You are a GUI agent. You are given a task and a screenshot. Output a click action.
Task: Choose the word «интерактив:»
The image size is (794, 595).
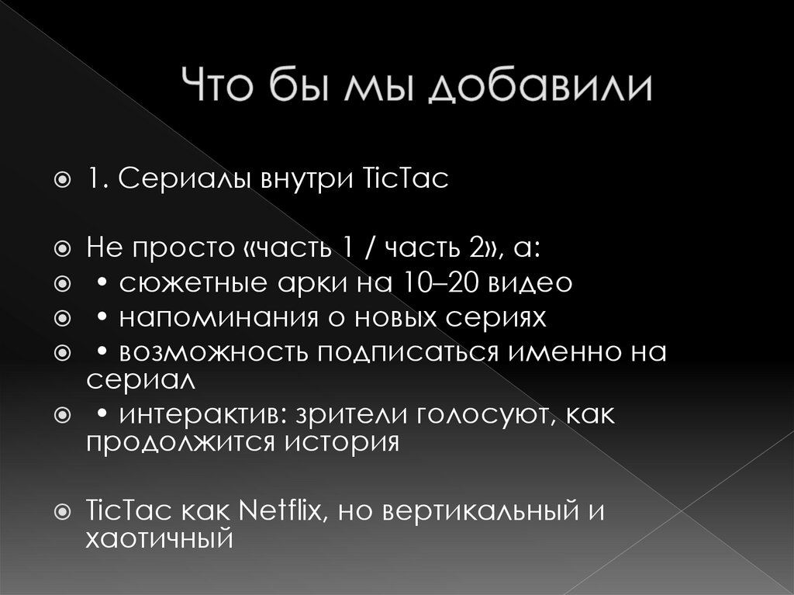(x=197, y=415)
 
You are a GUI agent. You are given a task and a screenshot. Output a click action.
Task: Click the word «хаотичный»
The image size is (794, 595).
(x=159, y=538)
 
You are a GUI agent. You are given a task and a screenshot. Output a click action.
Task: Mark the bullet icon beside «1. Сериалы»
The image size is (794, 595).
(x=64, y=181)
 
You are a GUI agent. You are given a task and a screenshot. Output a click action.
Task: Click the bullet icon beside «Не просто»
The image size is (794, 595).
(x=64, y=250)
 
